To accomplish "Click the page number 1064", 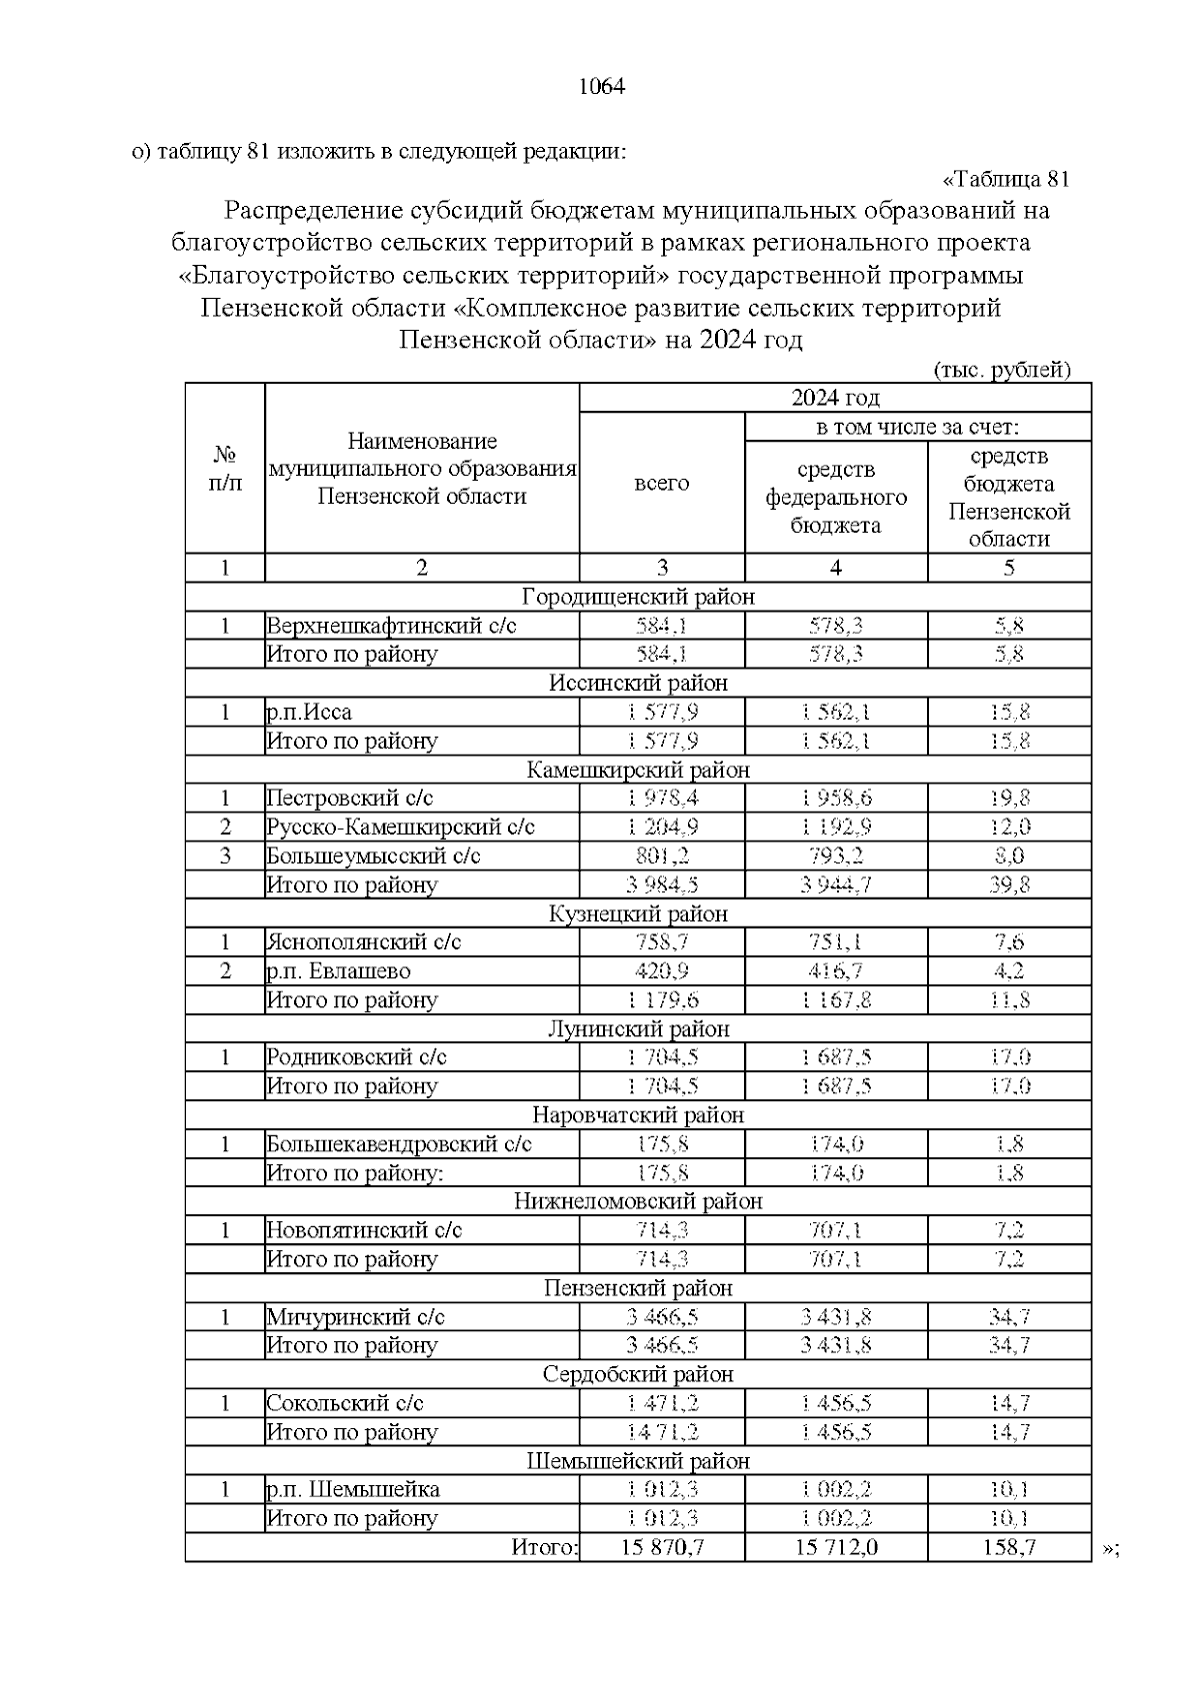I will point(601,87).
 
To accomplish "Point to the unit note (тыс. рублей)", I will point(1002,370).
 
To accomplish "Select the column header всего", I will point(662,484).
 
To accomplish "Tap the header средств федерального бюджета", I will point(836,497).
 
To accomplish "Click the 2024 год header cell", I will point(835,397).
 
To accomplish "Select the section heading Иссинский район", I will point(638,684).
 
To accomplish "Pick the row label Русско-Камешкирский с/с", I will point(400,828).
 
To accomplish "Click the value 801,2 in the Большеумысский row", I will point(662,856).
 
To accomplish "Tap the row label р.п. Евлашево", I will point(338,971).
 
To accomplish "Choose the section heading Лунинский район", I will point(638,1029).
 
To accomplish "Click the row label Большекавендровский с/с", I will point(398,1144).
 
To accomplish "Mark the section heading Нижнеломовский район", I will point(638,1202).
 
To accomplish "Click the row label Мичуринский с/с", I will point(355,1317).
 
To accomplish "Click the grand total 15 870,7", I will point(662,1548).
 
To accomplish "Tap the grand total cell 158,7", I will point(1009,1548).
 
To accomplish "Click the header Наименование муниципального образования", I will point(422,469).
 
